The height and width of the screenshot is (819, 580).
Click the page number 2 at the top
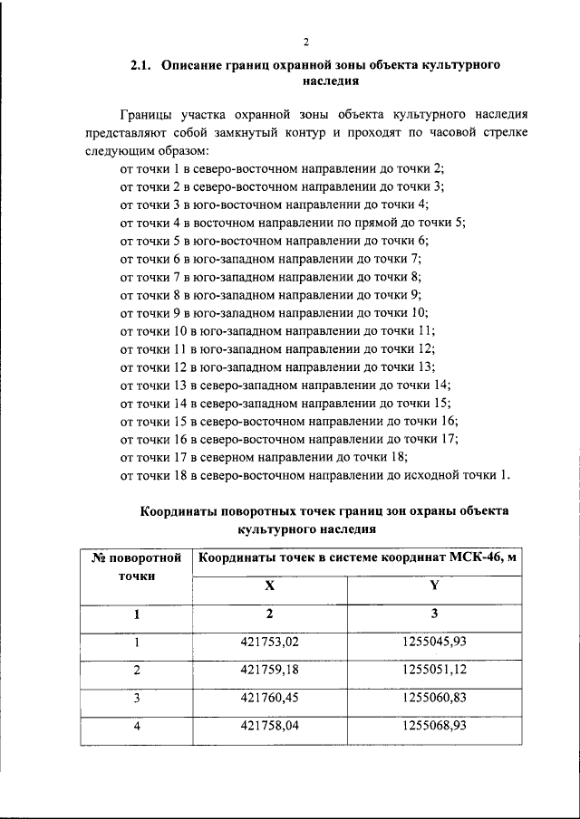click(x=306, y=42)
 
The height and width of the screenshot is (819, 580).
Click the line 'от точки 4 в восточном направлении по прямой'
click(x=292, y=222)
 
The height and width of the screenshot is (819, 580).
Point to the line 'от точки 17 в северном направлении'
click(x=264, y=457)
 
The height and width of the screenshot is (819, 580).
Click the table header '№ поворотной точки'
click(x=136, y=566)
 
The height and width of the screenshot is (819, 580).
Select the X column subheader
click(x=269, y=586)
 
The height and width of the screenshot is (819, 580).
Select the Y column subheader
click(x=434, y=586)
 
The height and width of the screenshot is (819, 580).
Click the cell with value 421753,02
click(x=269, y=643)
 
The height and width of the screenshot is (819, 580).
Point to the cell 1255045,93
click(x=434, y=643)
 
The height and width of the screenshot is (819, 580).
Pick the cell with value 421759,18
click(x=269, y=671)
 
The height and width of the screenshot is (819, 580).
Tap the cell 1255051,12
click(x=434, y=671)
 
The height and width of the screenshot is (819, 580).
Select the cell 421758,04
click(x=269, y=726)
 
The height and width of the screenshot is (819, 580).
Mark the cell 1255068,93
click(x=434, y=726)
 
